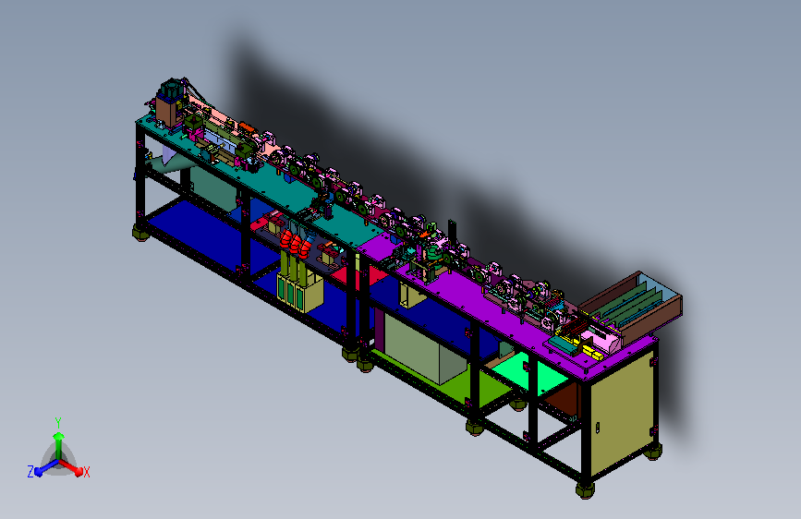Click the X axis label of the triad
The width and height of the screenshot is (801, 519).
(86, 472)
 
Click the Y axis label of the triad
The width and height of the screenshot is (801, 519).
(58, 423)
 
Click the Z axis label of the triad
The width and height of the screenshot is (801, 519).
(30, 472)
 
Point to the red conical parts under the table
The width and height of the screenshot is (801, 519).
(296, 242)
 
